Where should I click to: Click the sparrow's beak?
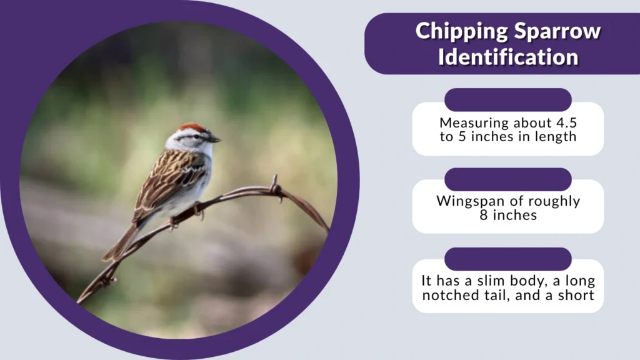tap(215, 139)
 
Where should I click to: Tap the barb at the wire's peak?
tap(275, 188)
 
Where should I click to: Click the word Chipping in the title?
tap(457, 32)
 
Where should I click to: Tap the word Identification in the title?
tap(507, 57)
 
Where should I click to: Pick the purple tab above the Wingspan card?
tap(507, 179)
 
